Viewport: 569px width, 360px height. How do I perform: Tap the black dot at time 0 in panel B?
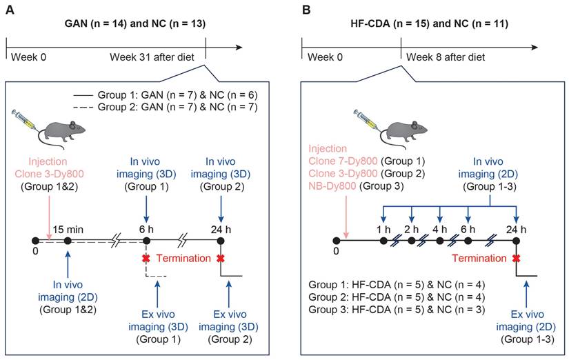tap(335, 241)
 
